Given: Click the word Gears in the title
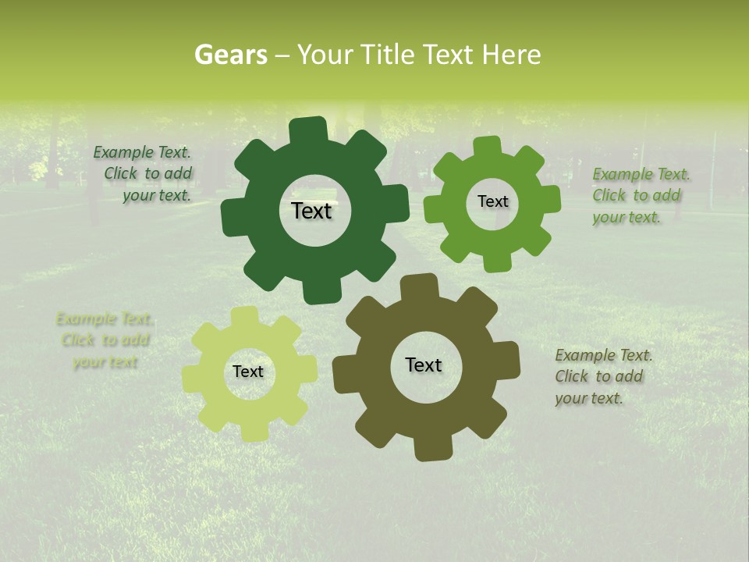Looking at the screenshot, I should [230, 55].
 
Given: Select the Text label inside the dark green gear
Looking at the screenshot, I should [311, 211].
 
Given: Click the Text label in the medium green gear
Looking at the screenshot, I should [492, 201].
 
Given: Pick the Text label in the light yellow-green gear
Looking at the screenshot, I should [248, 372].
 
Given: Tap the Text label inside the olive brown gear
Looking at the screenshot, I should [424, 365].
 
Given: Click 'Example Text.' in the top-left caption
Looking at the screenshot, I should [142, 152].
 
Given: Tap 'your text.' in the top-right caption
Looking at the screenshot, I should [627, 218].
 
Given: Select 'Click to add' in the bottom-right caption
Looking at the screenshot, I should [599, 376].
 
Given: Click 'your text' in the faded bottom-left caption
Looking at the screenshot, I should [105, 362].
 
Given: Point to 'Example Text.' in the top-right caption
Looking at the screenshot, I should [641, 174].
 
